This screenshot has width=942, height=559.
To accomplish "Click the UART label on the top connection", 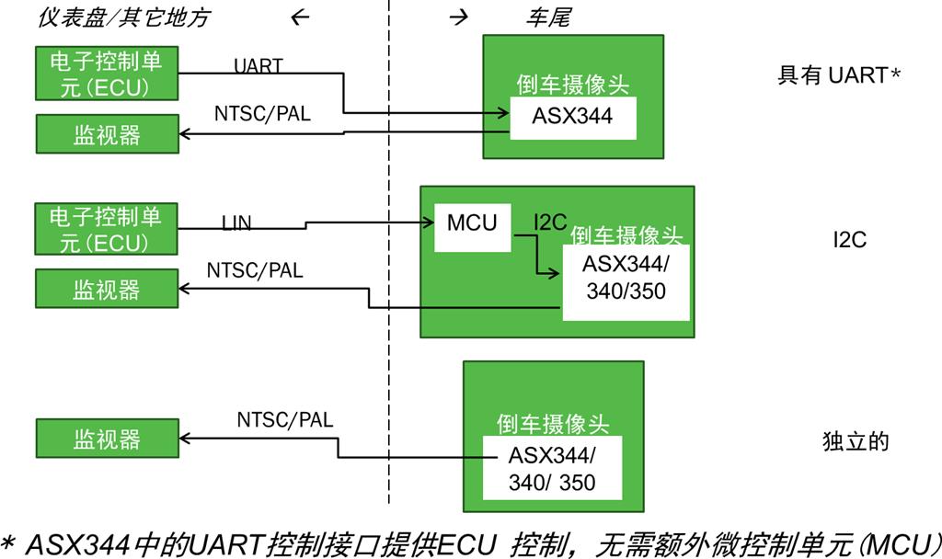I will pyautogui.click(x=258, y=66).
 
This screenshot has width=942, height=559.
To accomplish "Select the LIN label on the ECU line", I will pyautogui.click(x=236, y=222).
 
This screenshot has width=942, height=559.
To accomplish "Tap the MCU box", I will pyautogui.click(x=472, y=223).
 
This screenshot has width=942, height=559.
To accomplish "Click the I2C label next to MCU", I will pyautogui.click(x=550, y=222).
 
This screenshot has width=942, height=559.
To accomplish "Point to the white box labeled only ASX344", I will pyautogui.click(x=572, y=118).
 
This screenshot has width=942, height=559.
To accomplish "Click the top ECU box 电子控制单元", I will pyautogui.click(x=106, y=74).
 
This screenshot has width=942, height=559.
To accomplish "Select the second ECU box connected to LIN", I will pyautogui.click(x=106, y=230).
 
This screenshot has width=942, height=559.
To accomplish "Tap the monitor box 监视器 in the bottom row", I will pyautogui.click(x=107, y=439).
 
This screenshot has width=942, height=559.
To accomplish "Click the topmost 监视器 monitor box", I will pyautogui.click(x=107, y=135).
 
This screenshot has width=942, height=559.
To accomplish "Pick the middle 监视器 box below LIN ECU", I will pyautogui.click(x=107, y=289).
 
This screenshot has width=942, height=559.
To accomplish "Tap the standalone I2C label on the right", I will pyautogui.click(x=850, y=240).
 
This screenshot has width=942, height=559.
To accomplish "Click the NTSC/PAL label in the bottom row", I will pyautogui.click(x=285, y=420).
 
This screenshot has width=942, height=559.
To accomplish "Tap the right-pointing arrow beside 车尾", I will pyautogui.click(x=460, y=18).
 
